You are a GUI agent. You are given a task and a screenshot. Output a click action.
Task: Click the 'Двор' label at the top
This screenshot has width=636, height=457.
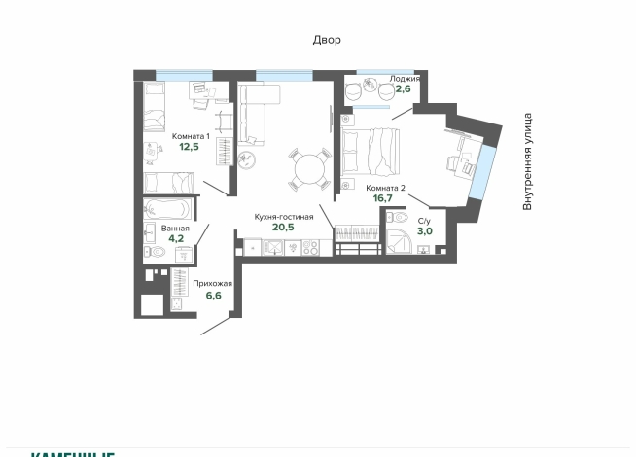pyautogui.click(x=327, y=40)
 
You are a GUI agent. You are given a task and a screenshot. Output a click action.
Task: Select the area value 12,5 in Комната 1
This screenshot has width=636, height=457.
pyautogui.click(x=190, y=148)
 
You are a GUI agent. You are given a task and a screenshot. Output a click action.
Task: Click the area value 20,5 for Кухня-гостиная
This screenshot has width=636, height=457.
pyautogui.click(x=283, y=228)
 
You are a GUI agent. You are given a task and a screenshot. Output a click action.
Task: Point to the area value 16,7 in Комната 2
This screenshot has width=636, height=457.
pyautogui.click(x=382, y=198)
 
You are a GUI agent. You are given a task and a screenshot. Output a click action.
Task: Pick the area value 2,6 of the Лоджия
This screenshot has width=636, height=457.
pyautogui.click(x=402, y=89)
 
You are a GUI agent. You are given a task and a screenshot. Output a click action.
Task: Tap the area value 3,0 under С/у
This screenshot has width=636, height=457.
pyautogui.click(x=424, y=231)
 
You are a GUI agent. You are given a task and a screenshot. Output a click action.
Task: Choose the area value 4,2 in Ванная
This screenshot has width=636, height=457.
pyautogui.click(x=176, y=238)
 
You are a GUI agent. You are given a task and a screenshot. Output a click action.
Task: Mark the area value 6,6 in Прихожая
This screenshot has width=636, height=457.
pyautogui.click(x=213, y=295)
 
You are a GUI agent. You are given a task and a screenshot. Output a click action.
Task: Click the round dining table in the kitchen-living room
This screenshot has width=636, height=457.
pyautogui.click(x=310, y=168)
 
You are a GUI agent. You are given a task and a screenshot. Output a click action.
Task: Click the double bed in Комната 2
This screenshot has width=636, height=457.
pyautogui.click(x=371, y=152)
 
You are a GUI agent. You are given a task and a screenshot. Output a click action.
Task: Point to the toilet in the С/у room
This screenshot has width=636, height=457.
pyautogui.click(x=424, y=249)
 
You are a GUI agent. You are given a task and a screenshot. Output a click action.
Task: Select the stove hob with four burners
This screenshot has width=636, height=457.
pyautogui.click(x=311, y=248)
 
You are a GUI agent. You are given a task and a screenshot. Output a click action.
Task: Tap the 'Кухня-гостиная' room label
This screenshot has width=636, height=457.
pyautogui.click(x=283, y=217)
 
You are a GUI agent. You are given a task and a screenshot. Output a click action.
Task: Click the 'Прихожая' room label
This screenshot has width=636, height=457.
pyautogui.click(x=212, y=283)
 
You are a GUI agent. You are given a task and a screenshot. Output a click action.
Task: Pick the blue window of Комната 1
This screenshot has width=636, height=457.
pyautogui.click(x=184, y=75)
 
